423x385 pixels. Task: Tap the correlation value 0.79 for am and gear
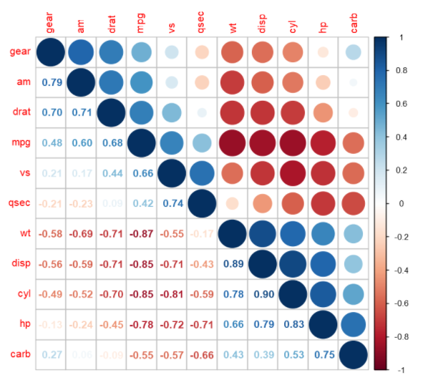52,82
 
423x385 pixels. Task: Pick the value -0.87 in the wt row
141,234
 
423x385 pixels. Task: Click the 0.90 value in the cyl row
263,294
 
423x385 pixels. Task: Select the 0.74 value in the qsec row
172,203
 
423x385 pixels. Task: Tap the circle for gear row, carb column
354,52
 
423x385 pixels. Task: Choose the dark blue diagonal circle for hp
324,324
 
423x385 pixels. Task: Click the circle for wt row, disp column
263,234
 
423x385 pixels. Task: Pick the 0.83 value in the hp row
293,324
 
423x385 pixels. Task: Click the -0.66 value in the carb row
203,354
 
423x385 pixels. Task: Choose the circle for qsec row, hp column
324,203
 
